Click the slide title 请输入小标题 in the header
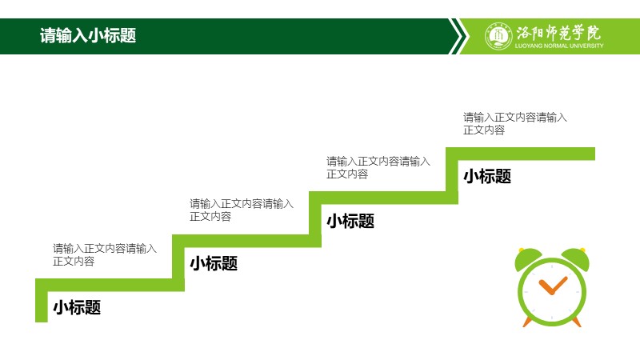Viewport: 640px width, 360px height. (88, 36)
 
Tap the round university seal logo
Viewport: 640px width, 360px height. (498, 36)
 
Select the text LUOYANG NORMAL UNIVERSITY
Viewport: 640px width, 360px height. (558, 46)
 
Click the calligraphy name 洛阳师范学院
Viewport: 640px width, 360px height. (558, 32)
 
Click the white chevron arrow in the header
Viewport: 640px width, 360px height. (458, 36)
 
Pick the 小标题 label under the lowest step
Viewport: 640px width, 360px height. (77, 307)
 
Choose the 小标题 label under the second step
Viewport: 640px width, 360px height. (214, 263)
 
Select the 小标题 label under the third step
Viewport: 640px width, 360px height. (350, 221)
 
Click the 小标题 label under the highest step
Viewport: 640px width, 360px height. (487, 176)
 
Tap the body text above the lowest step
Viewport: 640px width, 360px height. (105, 254)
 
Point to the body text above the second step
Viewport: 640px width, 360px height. (242, 210)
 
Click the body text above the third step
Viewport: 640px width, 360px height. (378, 168)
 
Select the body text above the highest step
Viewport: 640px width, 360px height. (514, 124)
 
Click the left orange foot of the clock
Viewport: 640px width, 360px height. (527, 322)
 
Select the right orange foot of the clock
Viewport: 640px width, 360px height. (576, 322)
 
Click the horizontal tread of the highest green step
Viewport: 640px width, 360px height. (521, 154)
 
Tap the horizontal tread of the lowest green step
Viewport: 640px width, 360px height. (110, 285)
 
